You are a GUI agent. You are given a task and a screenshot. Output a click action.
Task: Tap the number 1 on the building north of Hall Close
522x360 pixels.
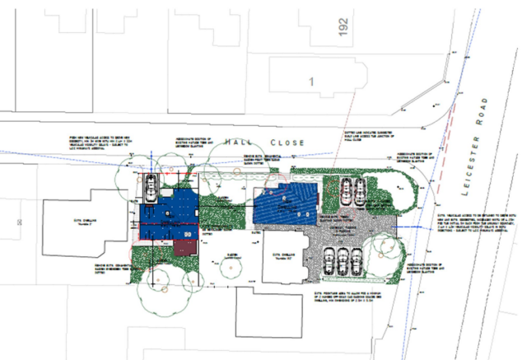pos(312,81)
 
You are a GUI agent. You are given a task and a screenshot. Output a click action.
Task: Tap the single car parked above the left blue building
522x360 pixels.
pos(151,189)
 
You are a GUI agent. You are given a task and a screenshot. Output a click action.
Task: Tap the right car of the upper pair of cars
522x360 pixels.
pos(360,190)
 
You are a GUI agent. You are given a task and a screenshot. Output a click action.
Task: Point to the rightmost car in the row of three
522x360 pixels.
pos(355,262)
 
